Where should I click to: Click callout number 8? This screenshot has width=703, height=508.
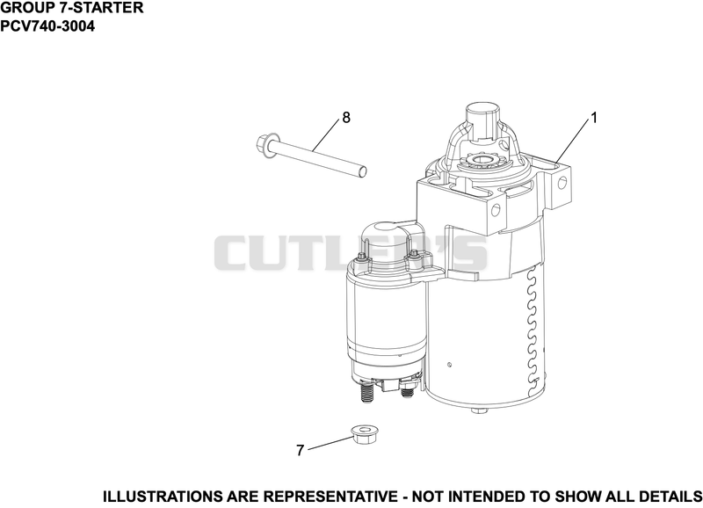[x=346, y=118]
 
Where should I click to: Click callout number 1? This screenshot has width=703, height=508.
[x=594, y=118]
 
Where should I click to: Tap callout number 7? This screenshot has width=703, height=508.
[x=301, y=450]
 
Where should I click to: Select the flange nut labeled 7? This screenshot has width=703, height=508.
[x=364, y=434]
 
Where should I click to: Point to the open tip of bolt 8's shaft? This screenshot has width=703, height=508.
[x=364, y=171]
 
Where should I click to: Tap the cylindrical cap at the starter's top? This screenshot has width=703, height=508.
[x=482, y=116]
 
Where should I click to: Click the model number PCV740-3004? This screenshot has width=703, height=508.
[x=47, y=26]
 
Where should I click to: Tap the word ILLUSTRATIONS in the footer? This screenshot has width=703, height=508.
[x=162, y=497]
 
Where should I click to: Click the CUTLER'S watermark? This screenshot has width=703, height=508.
[x=351, y=253]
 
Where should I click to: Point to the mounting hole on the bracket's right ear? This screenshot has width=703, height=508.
[x=562, y=183]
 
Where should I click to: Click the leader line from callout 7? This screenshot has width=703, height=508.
[x=330, y=443]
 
